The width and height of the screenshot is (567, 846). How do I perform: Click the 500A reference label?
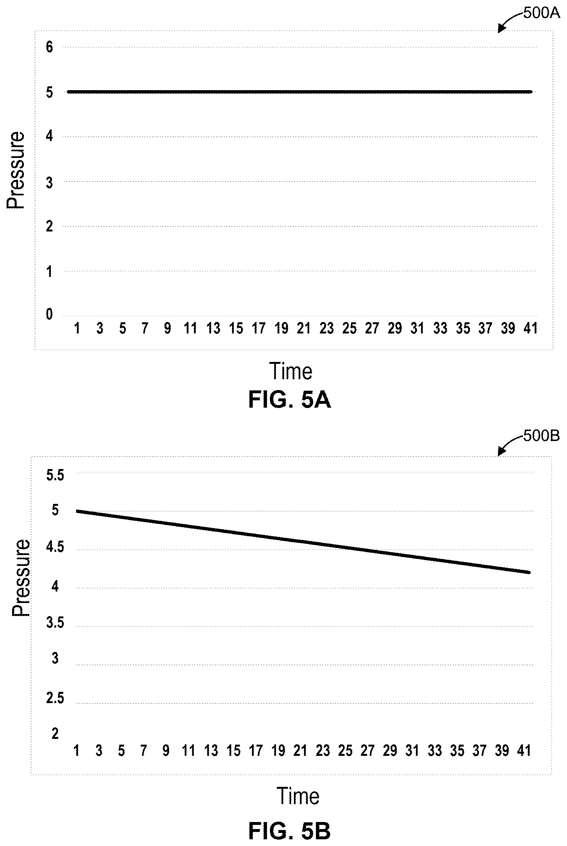tap(541, 13)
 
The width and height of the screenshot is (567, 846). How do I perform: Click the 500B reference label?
tap(541, 436)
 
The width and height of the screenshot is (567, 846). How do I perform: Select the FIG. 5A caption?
tap(289, 400)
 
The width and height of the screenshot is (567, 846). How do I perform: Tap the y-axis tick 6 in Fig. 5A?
tap(50, 47)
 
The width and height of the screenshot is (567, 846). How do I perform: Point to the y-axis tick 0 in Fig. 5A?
tap(50, 314)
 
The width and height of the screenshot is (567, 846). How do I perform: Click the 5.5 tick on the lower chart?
tap(55, 475)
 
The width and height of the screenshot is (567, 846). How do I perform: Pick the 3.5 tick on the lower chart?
tap(55, 623)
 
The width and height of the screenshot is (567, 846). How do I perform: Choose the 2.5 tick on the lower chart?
tap(55, 698)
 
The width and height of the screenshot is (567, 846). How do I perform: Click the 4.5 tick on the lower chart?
tap(55, 547)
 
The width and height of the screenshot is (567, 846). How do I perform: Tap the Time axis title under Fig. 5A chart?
tap(291, 371)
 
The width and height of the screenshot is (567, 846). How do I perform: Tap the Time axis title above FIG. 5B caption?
tap(298, 795)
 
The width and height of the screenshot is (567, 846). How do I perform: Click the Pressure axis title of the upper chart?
tap(16, 170)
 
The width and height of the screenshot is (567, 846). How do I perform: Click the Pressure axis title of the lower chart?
tap(20, 578)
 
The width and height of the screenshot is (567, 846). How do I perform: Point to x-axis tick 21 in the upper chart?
tap(304, 328)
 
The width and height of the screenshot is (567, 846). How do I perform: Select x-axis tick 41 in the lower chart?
tap(524, 750)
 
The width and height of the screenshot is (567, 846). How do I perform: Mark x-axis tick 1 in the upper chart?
tap(77, 328)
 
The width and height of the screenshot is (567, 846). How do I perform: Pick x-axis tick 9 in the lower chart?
tap(166, 750)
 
